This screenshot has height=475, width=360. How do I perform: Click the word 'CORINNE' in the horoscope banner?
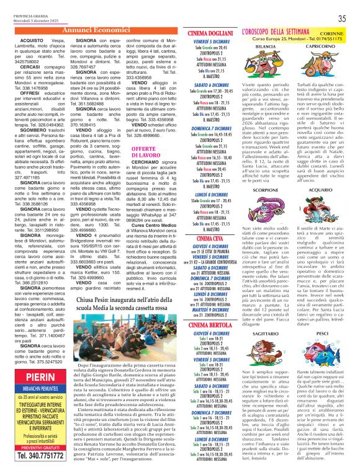[335, 33]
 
